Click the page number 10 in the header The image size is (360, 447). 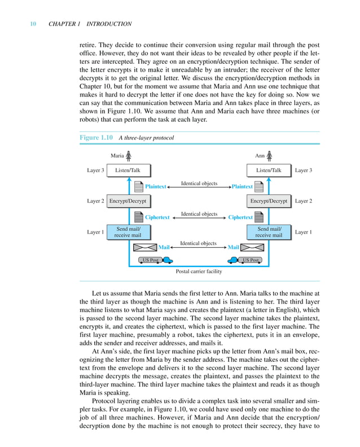(33, 24)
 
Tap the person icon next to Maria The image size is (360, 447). (129, 155)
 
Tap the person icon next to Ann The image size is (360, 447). (269, 155)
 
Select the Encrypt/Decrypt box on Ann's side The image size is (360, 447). (269, 201)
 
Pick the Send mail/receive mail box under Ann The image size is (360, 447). (269, 232)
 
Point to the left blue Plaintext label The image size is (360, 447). (156, 186)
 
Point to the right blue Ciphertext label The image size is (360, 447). (240, 217)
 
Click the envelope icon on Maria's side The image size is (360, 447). (144, 247)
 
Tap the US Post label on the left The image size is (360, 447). (150, 260)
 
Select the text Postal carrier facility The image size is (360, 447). (199, 271)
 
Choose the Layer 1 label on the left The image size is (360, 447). (95, 232)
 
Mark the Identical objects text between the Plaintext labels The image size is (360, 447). (199, 183)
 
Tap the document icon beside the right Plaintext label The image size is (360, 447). (259, 186)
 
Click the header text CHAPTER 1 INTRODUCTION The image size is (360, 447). (90, 24)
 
